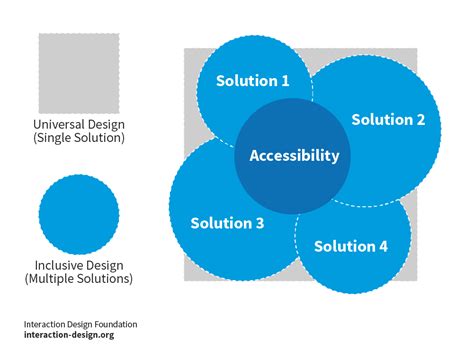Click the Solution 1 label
(x=254, y=81)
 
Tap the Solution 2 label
(x=388, y=120)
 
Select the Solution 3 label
(x=227, y=223)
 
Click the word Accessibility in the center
(x=294, y=156)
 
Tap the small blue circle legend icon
(x=79, y=214)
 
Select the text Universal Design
(x=79, y=124)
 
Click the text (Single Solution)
(x=79, y=138)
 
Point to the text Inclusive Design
(x=79, y=267)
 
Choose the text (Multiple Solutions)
(x=79, y=281)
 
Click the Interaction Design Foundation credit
(x=81, y=324)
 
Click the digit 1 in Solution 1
(x=286, y=81)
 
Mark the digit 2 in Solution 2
(x=420, y=120)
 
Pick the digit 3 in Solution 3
(x=259, y=223)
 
